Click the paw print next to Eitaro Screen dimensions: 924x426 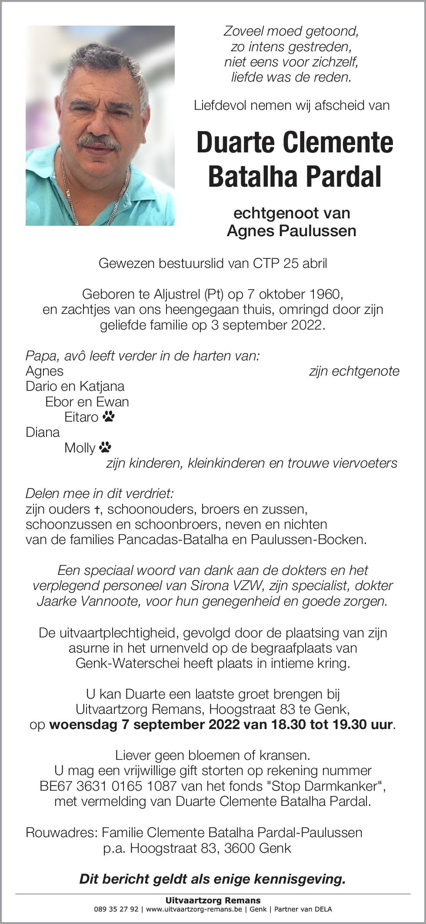tap(109, 417)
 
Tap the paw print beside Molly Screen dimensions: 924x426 tap(105, 447)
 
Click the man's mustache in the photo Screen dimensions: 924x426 tap(98, 142)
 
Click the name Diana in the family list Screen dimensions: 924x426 tap(43, 432)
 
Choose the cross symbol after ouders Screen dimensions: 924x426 tap(98, 509)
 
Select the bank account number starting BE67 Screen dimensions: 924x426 tap(108, 786)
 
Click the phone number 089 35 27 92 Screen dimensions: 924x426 tap(116, 909)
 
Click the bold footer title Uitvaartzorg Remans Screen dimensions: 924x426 tap(213, 901)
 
